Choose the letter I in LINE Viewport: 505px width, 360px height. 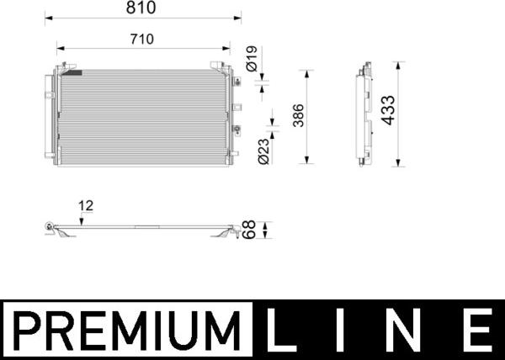click(x=348, y=330)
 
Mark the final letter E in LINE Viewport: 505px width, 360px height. click(x=478, y=330)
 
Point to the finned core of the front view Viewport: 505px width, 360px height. click(x=143, y=118)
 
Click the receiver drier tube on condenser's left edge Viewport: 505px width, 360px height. click(x=48, y=118)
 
